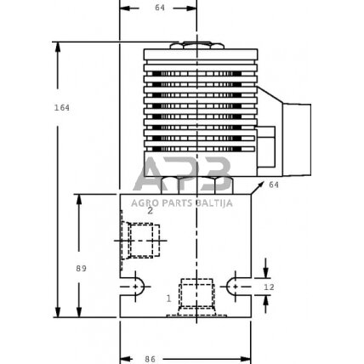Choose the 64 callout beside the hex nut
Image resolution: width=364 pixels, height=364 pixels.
274,185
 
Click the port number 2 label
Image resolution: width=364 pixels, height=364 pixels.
150,208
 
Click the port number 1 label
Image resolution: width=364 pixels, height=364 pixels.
168,299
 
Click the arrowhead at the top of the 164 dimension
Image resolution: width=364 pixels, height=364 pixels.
57,46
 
